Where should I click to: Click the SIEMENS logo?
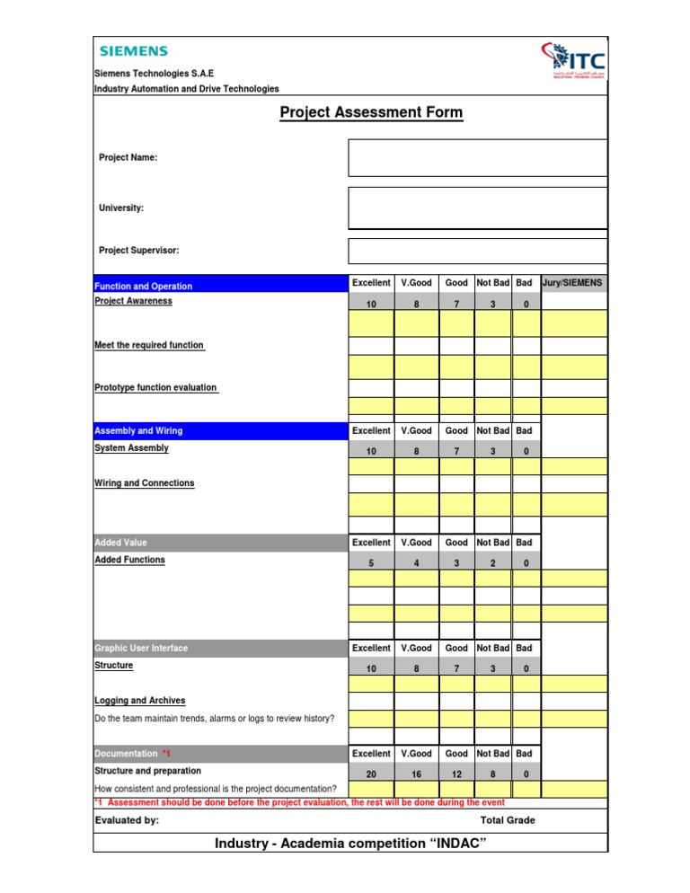pyautogui.click(x=133, y=52)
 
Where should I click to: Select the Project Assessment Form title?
pyautogui.click(x=371, y=112)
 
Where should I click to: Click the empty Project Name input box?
pyautogui.click(x=478, y=157)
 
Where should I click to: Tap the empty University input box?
pyautogui.click(x=478, y=208)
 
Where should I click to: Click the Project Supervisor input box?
pyautogui.click(x=478, y=251)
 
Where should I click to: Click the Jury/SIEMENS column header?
pyautogui.click(x=573, y=283)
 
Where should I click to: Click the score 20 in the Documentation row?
pyautogui.click(x=371, y=774)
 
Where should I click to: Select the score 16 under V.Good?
pyautogui.click(x=416, y=774)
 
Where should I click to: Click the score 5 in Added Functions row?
pyautogui.click(x=371, y=563)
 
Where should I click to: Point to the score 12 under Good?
pyautogui.click(x=456, y=774)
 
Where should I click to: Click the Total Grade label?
pyautogui.click(x=508, y=820)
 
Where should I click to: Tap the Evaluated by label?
pyautogui.click(x=127, y=820)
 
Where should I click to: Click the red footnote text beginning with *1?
pyautogui.click(x=299, y=801)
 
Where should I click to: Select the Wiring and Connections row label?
pyautogui.click(x=144, y=483)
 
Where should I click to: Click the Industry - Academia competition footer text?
pyautogui.click(x=350, y=844)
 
